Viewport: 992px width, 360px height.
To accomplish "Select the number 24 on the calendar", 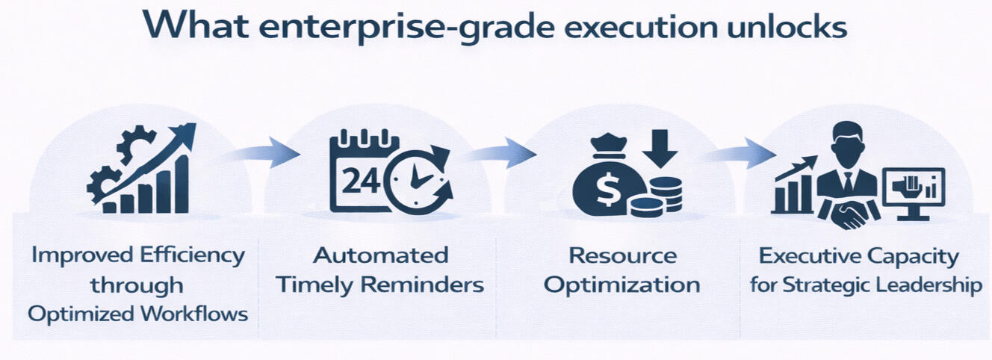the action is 361,181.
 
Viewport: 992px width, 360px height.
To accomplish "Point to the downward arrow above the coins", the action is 660,149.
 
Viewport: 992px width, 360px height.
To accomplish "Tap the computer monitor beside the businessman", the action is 914,193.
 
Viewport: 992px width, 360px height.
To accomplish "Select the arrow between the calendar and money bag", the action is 503,153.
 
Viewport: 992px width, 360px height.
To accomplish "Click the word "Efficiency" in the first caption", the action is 192,256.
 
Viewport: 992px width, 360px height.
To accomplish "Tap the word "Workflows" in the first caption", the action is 194,314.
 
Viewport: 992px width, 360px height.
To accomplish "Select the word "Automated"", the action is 381,256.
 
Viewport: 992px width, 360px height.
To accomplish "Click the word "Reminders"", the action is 422,285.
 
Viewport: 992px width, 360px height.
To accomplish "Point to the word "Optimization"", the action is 621,285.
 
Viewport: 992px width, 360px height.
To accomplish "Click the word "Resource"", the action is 623,256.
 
